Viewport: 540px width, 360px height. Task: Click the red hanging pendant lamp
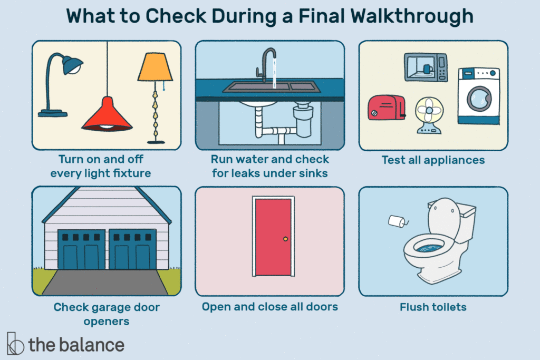tap(107, 115)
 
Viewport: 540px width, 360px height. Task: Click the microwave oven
tap(426, 67)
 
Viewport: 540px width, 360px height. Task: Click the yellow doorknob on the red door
tap(286, 239)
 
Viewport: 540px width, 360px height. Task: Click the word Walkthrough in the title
tap(416, 17)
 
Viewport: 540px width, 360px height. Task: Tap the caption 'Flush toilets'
tap(433, 306)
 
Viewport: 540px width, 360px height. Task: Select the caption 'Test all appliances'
tap(433, 159)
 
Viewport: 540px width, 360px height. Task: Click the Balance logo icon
tap(15, 344)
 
